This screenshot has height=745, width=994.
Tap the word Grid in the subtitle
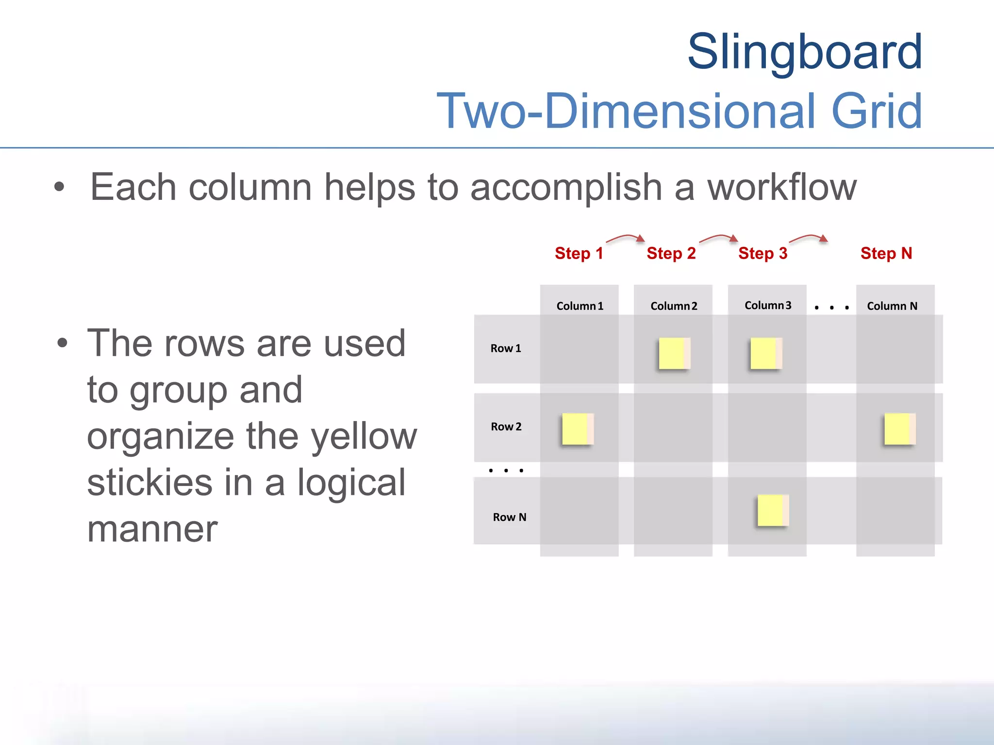877,111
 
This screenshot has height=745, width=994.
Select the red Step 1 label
579,253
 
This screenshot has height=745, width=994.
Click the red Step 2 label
671,253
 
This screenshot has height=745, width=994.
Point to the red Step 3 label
762,253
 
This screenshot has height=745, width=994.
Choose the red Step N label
886,253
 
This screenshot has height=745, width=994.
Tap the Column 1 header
580,306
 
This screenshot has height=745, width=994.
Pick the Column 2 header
674,306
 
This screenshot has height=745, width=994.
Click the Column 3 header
768,306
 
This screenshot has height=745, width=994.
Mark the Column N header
892,306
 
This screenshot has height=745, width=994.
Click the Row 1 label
506,348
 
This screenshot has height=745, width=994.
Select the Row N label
510,517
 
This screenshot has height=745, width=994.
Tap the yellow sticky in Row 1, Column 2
674,354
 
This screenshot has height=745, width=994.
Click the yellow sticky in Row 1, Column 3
766,354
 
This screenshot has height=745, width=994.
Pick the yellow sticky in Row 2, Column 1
578,429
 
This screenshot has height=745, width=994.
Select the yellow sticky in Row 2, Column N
900,429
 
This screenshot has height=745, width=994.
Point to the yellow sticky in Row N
773,510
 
